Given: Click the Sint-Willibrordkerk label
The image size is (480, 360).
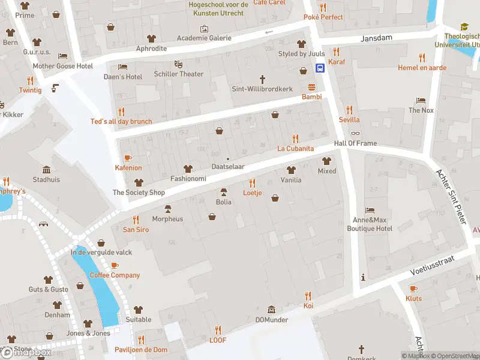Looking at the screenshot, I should coord(262,89).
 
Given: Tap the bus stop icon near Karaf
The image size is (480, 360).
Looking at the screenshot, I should coord(320,68).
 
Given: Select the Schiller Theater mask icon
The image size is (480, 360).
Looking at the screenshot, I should coord(178,64).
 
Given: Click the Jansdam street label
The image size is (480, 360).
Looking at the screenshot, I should coord(376,38).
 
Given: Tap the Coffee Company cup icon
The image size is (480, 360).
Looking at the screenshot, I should coord(115,265).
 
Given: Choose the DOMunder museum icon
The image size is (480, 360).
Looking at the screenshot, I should coord(271,310).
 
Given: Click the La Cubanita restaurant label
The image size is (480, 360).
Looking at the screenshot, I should coord(295,148).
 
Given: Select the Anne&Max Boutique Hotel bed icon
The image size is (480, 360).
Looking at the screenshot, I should coord(370,210).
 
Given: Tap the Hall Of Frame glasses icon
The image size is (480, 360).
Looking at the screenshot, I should coord(356,133).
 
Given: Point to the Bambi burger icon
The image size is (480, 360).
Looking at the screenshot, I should coord(311,87).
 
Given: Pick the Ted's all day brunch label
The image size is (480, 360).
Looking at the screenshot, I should coord(121,121).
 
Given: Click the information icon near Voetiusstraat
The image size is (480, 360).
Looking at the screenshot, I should coord(362,277).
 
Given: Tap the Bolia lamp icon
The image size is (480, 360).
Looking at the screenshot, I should coord(224,192).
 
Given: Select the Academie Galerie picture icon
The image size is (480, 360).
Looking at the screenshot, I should coord(204,28).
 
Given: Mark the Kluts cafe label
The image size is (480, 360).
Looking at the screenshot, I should coord(413,298).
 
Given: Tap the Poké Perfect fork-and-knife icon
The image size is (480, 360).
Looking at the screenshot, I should coord(323,7).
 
